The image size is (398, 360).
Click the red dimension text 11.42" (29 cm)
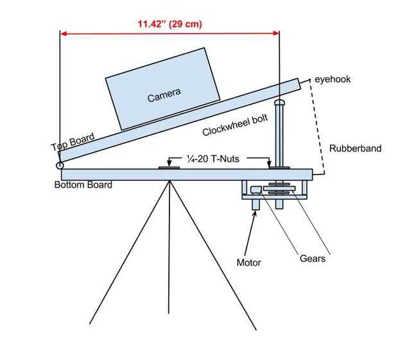pos(169,24)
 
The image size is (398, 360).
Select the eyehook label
pos(333,79)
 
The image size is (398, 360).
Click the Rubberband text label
pos(355,149)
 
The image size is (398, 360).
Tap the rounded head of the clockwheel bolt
pos(279,102)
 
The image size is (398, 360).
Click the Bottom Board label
pos(83,185)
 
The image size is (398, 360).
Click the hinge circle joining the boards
pos(60,166)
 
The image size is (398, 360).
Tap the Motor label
pos(249,262)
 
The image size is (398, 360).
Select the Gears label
pos(313,259)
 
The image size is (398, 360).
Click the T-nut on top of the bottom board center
pos(169,168)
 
